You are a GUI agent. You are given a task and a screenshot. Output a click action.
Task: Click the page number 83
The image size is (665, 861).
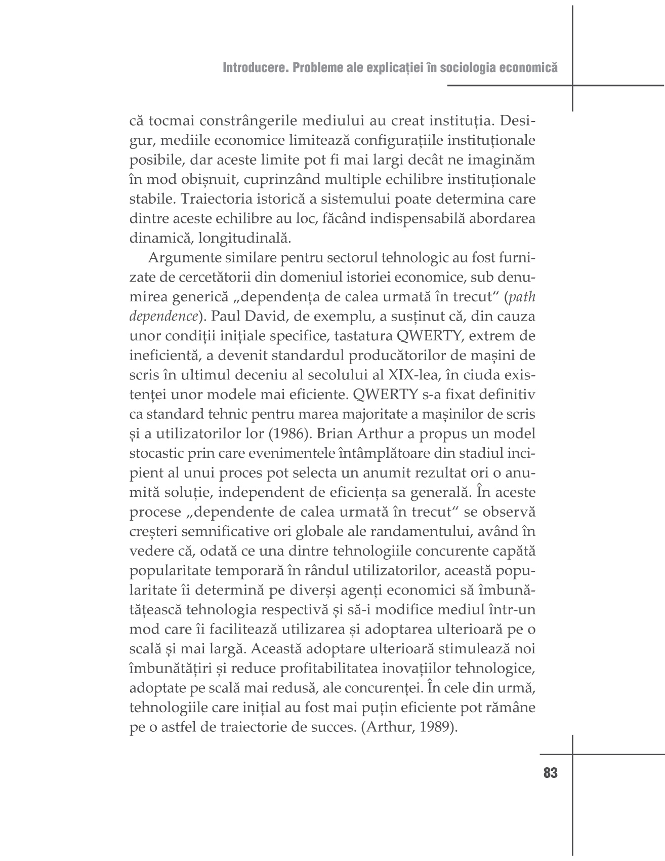(x=550, y=773)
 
